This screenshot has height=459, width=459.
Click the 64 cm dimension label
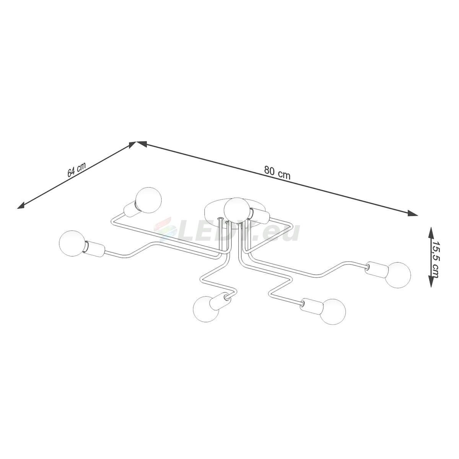point(76,169)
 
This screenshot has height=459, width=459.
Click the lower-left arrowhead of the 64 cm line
point(21,205)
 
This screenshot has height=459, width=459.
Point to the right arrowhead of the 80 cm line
point(413,213)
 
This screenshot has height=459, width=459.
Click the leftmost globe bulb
point(72,243)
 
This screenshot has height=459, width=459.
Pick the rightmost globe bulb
point(397,275)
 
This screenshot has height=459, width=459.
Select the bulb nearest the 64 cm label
point(149,200)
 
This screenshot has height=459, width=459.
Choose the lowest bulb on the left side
point(206,309)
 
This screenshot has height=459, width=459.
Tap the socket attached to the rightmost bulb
point(377,270)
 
